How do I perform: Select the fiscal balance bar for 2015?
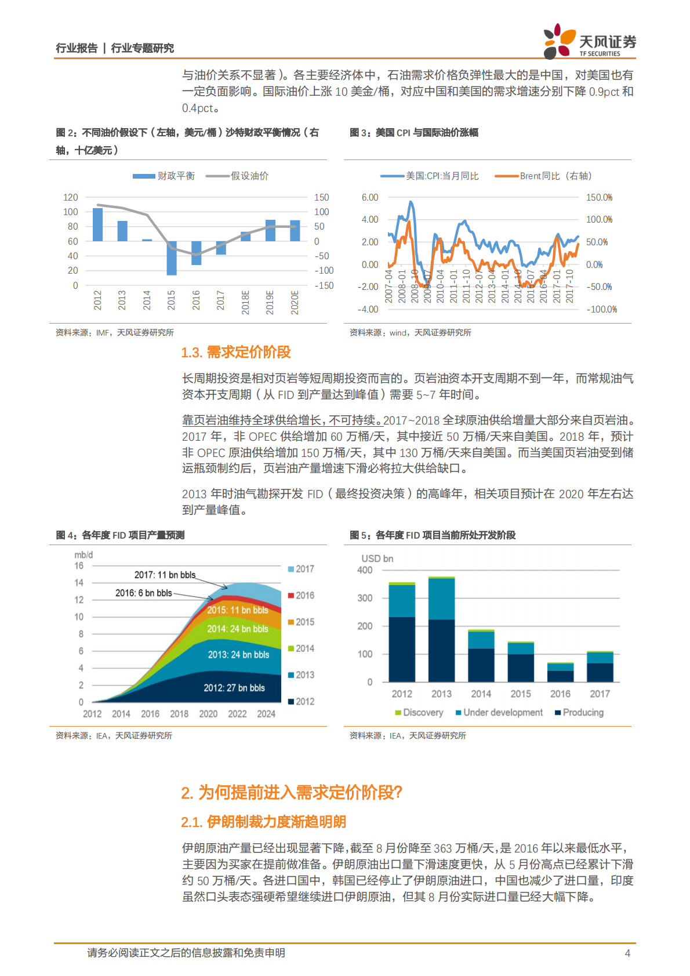tap(172, 258)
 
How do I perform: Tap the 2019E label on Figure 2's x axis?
tap(270, 302)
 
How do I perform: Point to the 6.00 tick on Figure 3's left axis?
tap(369, 197)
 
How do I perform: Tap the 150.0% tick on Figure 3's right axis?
tap(599, 197)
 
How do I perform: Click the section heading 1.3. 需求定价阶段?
tap(236, 352)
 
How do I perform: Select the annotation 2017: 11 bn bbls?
tap(165, 575)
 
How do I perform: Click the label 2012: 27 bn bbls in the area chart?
tap(234, 688)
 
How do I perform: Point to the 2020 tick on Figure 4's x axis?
tap(208, 714)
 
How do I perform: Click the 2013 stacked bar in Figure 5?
tap(441, 629)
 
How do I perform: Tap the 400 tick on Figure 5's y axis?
tap(365, 570)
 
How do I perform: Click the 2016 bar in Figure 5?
tap(560, 672)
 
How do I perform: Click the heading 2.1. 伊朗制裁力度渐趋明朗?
tap(263, 822)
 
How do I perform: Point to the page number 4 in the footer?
tap(627, 953)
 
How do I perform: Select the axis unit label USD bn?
tap(377, 558)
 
